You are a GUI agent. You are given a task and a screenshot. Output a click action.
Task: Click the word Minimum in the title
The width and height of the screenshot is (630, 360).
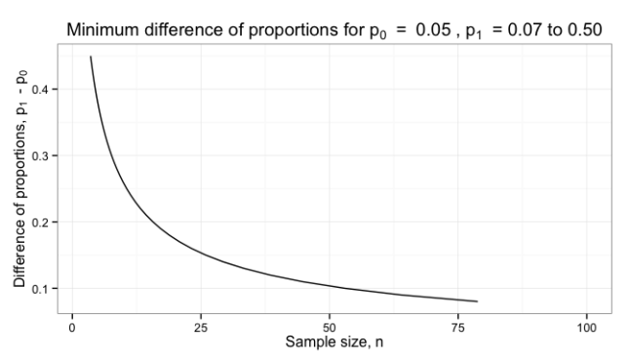tap(101, 30)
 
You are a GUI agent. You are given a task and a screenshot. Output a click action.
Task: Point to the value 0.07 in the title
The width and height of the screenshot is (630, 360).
tap(517, 30)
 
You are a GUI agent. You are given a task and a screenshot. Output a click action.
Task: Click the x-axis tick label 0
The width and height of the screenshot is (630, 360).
tap(71, 326)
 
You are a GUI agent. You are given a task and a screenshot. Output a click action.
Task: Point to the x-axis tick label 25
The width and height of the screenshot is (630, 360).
tap(200, 326)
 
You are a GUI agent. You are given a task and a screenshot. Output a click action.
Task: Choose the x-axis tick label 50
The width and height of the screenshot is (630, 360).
tap(329, 326)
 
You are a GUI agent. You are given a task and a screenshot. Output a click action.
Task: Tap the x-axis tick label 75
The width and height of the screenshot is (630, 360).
tap(458, 326)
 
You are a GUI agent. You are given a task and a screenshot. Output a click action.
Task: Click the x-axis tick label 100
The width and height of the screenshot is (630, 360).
tap(587, 326)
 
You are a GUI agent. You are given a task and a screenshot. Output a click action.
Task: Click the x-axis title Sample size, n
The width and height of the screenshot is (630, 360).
tap(330, 342)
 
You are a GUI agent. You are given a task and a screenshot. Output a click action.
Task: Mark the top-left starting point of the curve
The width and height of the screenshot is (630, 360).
tap(91, 57)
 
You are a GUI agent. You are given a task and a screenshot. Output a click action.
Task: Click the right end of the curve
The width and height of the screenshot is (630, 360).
tap(477, 301)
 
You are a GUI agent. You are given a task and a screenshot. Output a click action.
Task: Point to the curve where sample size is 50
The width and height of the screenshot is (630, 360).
tap(329, 286)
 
